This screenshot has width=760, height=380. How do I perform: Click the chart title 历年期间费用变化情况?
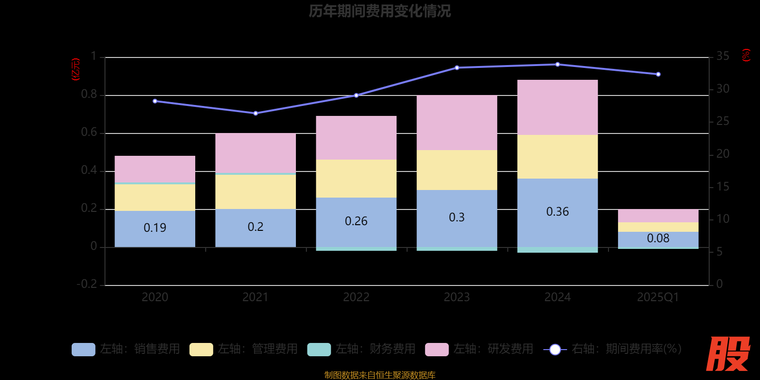click(x=380, y=11)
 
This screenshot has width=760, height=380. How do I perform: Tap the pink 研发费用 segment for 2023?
click(x=456, y=123)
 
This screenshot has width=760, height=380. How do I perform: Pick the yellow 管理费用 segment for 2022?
click(x=356, y=178)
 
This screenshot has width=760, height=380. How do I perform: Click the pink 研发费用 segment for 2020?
click(x=155, y=169)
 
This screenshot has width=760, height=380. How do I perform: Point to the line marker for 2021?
click(x=256, y=114)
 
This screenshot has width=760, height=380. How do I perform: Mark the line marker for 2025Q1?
click(x=658, y=75)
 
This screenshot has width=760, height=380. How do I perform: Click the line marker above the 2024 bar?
click(x=557, y=65)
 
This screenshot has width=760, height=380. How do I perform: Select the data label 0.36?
click(x=557, y=212)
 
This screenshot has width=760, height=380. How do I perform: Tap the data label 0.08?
click(x=658, y=238)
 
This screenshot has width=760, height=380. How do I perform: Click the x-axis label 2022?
click(x=356, y=297)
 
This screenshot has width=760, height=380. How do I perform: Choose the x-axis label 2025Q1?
click(x=658, y=297)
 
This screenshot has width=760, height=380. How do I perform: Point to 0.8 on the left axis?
click(x=89, y=95)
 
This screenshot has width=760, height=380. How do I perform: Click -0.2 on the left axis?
click(x=87, y=284)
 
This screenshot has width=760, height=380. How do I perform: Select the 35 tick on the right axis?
click(x=722, y=57)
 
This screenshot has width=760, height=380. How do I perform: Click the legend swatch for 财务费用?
click(x=319, y=350)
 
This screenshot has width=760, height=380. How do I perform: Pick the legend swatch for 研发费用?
click(x=437, y=350)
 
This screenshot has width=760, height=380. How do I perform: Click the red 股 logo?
click(x=728, y=354)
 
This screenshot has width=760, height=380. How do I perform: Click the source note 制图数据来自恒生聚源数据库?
click(x=380, y=375)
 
